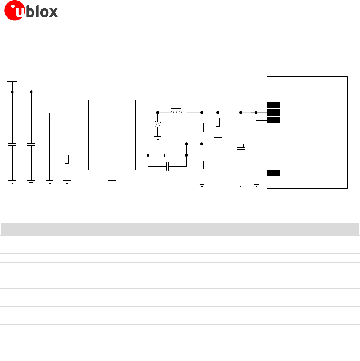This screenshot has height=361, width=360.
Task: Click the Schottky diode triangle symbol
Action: [157, 124]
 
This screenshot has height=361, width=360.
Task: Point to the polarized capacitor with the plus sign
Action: [240, 148]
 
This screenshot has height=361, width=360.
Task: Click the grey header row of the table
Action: [180, 229]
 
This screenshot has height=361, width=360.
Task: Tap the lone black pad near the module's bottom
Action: [273, 173]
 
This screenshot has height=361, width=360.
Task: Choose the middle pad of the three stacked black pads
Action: [273, 113]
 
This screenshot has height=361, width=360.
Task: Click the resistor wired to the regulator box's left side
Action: [67, 159]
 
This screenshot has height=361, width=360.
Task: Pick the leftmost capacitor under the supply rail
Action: [12, 145]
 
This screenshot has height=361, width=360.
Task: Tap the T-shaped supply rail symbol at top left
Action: [12, 82]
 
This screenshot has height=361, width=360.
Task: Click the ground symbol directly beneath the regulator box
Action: [112, 181]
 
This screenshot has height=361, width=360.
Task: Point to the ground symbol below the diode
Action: [157, 137]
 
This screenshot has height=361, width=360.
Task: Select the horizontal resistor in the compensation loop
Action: [160, 155]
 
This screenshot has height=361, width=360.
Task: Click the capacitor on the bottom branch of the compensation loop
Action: [167, 167]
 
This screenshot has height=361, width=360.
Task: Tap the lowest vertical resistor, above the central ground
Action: [201, 165]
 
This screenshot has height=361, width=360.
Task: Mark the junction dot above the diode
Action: [157, 113]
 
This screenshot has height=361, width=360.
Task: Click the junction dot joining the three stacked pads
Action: [256, 113]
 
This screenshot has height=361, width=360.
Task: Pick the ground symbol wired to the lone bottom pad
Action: [257, 185]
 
